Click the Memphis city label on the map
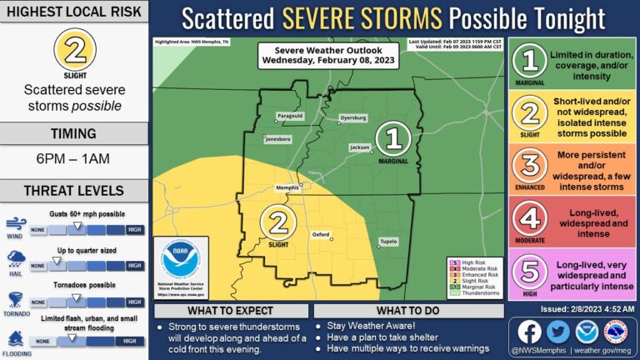(x=287, y=187)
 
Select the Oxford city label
(x=321, y=235)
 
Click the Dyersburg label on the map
(x=353, y=118)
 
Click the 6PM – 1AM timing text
(x=75, y=158)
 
